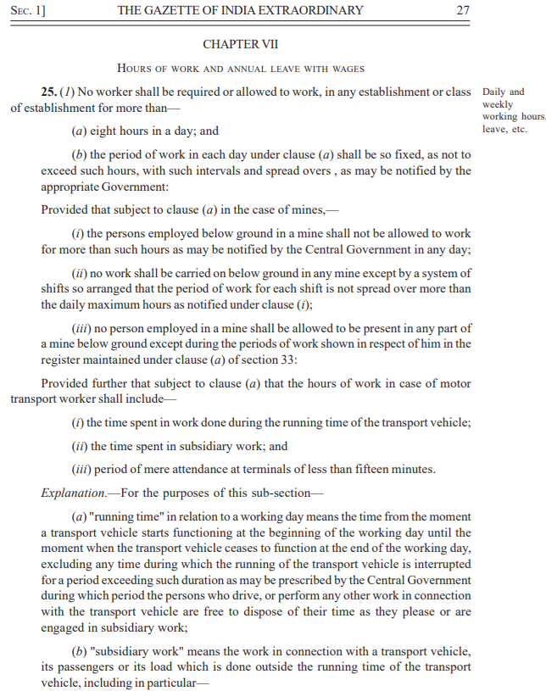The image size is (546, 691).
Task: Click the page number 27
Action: (x=462, y=11)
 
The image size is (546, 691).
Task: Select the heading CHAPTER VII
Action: (x=241, y=43)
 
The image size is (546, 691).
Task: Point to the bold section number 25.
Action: (x=49, y=92)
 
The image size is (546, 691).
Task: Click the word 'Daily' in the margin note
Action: (x=493, y=92)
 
